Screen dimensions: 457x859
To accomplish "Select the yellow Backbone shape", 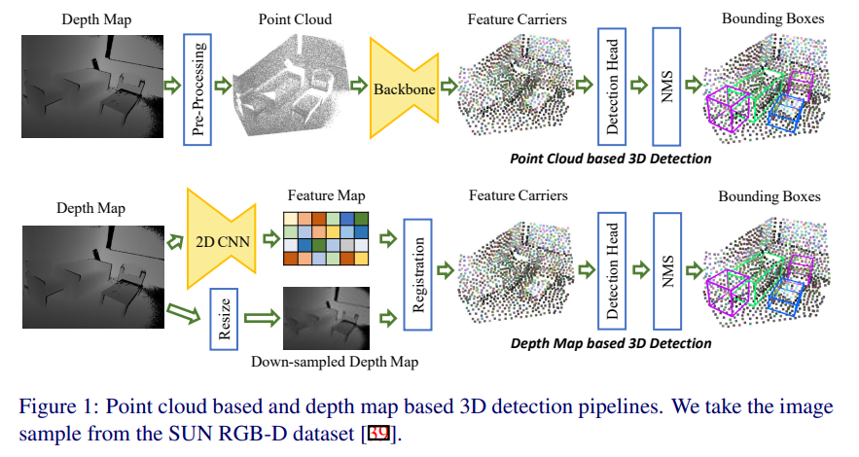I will pos(403,88).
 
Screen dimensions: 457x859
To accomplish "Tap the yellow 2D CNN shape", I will pos(221,239).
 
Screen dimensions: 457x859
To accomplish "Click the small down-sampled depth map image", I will pos(327,317).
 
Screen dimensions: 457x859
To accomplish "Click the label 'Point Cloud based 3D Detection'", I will pos(611,158).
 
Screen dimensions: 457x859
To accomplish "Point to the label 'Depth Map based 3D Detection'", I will pos(611,343).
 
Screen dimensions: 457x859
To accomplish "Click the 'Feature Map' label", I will pos(325,195).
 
